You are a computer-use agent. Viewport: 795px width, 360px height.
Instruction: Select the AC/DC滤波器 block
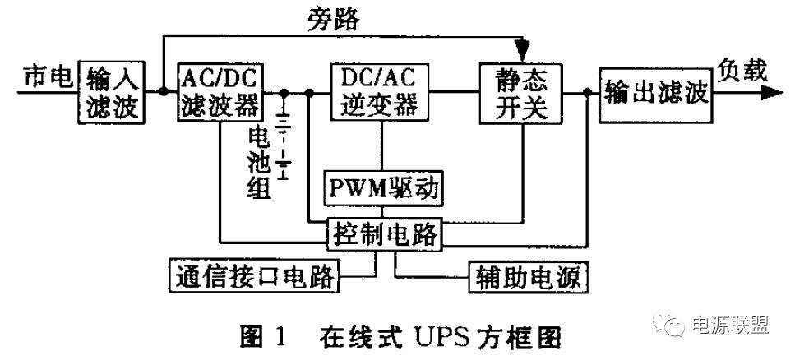[219, 91]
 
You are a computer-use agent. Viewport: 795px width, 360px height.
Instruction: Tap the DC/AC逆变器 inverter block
[379, 91]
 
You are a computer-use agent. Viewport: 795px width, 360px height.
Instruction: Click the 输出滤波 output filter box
[654, 91]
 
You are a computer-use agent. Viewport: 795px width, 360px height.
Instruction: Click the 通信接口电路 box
[254, 275]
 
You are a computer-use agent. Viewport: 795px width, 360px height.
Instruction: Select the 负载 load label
[742, 72]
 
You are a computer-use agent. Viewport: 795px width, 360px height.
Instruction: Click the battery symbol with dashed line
[284, 140]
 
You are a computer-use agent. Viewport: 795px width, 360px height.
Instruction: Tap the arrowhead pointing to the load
[770, 92]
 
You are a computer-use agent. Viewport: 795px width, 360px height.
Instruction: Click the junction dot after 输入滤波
[163, 92]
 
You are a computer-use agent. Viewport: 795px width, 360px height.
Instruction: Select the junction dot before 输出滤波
[586, 92]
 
